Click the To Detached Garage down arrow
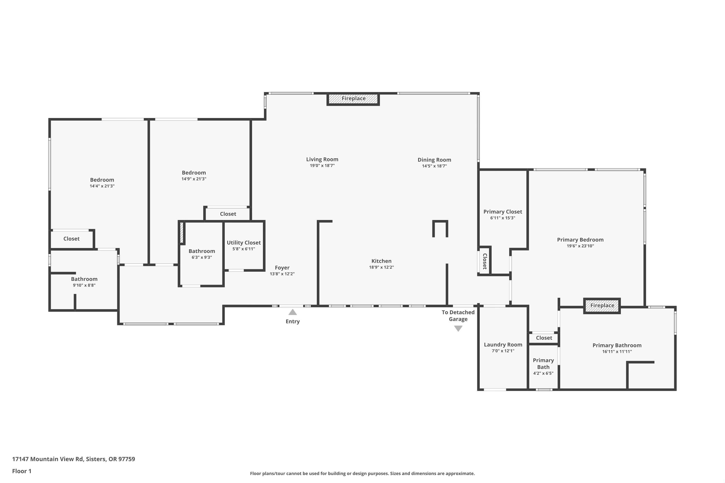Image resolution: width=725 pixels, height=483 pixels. [x=458, y=329]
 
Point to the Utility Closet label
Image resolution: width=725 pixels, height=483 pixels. [x=244, y=243]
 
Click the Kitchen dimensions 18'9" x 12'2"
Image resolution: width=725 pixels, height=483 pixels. [x=381, y=267]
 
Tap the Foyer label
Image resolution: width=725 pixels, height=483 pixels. [x=282, y=268]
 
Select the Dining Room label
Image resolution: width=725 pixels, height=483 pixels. [x=434, y=160]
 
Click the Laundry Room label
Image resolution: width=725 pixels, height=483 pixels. [x=503, y=345]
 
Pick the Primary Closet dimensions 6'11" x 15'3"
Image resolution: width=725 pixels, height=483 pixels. [x=502, y=218]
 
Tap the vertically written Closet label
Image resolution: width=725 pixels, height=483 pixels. [x=485, y=261]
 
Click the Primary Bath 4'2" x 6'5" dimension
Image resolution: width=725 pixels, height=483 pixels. [x=543, y=373]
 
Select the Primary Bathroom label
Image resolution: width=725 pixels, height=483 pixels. [x=616, y=345]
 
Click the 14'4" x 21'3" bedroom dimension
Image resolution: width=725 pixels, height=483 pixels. [x=102, y=186]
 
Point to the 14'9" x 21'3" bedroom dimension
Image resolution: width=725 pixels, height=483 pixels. [x=194, y=179]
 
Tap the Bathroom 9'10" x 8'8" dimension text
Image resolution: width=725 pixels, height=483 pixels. [x=84, y=285]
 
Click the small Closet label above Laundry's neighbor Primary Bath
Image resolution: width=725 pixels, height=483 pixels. [x=544, y=338]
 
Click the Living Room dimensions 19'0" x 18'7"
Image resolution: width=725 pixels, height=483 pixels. [x=322, y=166]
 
